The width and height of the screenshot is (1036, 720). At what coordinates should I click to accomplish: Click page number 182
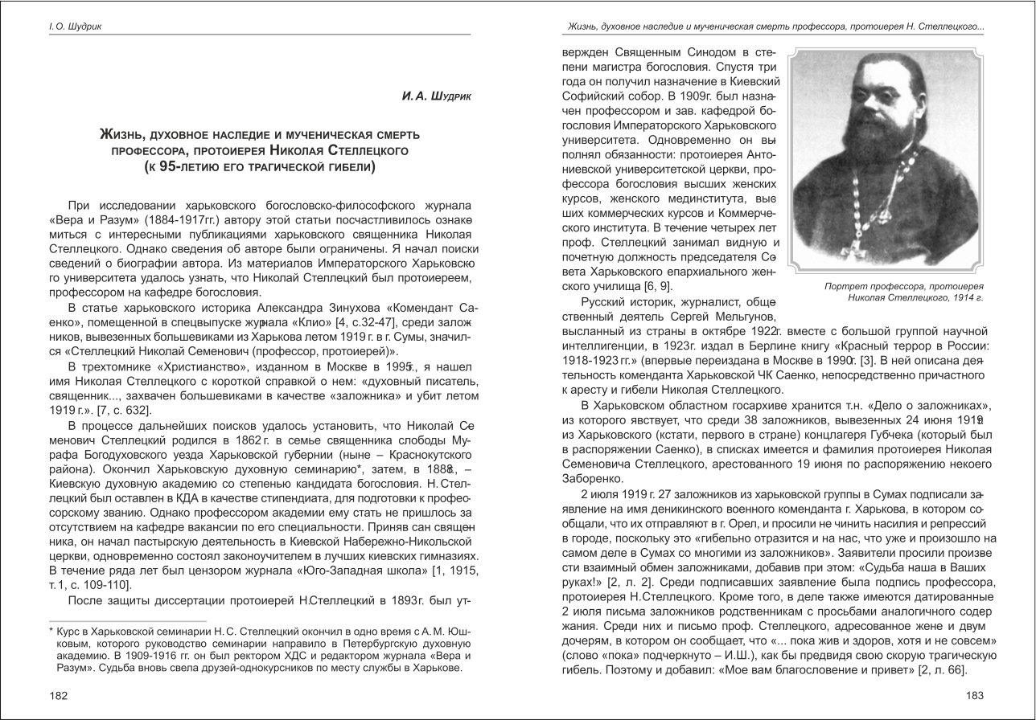[58, 695]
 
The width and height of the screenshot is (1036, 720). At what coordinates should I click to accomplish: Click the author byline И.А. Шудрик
[436, 96]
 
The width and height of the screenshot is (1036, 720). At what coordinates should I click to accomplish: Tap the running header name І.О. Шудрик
[75, 27]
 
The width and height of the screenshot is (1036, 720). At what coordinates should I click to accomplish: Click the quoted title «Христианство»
[175, 366]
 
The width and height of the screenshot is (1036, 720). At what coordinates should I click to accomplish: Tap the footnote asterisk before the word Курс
[51, 632]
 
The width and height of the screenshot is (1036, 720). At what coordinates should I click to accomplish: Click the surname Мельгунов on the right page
[743, 317]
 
